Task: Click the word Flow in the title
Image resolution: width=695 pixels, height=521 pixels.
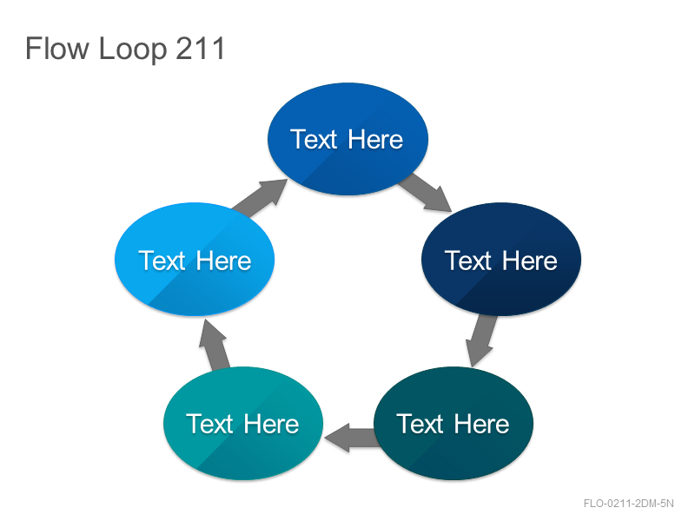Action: (x=57, y=48)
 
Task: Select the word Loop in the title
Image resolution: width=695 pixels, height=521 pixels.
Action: (x=133, y=49)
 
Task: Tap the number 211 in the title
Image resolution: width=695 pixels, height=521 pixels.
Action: (x=201, y=48)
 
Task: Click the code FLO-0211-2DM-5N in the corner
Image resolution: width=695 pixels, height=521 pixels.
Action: (x=628, y=504)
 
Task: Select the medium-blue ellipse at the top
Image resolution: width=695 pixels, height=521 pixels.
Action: (x=348, y=139)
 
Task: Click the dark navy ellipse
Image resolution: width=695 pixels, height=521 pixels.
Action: (x=501, y=259)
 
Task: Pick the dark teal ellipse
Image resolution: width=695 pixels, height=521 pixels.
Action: (x=453, y=423)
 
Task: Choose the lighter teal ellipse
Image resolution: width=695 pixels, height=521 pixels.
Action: (x=243, y=423)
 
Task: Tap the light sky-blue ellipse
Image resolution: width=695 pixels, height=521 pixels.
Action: (x=195, y=259)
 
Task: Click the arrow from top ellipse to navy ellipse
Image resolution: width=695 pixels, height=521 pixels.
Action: (x=426, y=192)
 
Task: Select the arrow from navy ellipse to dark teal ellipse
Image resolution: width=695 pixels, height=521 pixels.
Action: (x=480, y=340)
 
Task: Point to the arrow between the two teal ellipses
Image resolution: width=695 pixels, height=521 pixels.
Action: (x=352, y=438)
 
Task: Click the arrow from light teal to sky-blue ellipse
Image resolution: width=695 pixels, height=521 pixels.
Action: (x=215, y=345)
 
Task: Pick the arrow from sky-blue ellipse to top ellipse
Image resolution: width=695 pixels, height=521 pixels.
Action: (x=260, y=198)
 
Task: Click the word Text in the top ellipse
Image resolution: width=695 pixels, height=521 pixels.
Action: (x=314, y=140)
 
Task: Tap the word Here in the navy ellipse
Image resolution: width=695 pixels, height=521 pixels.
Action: (x=530, y=260)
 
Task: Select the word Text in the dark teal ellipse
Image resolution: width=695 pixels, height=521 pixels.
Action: (x=420, y=424)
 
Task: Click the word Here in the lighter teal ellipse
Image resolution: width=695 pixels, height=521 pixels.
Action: (x=271, y=424)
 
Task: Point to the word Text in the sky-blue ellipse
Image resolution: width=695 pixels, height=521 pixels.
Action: (x=162, y=260)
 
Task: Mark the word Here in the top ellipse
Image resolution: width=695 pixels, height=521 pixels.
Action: (x=375, y=140)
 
